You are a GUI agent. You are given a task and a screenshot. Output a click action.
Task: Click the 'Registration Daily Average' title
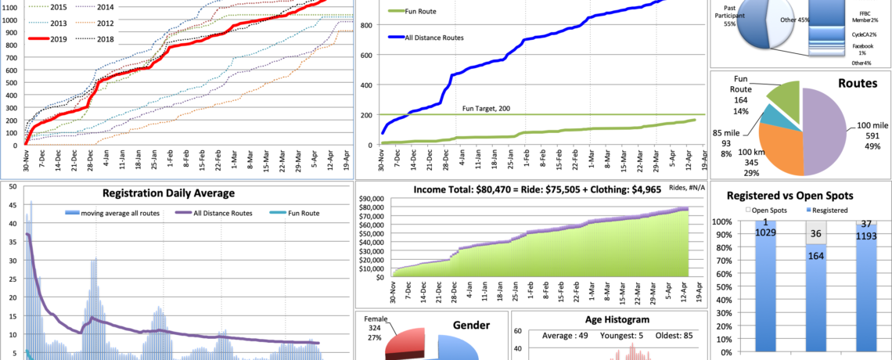[167, 193]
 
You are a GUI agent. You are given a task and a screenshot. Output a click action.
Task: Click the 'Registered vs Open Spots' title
[800, 196]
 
